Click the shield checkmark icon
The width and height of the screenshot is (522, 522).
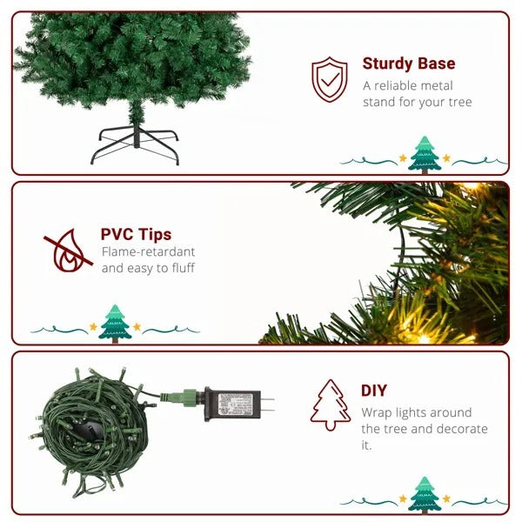click(330, 79)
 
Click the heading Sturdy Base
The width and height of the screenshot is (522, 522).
click(409, 64)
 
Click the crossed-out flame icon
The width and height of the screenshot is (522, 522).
click(69, 250)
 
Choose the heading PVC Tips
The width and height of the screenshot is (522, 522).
click(136, 234)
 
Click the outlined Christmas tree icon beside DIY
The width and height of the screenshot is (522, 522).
click(330, 405)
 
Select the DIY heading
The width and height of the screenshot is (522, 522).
click(374, 391)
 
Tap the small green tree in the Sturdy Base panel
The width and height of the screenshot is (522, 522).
click(425, 154)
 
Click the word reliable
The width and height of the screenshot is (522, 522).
click(402, 85)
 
